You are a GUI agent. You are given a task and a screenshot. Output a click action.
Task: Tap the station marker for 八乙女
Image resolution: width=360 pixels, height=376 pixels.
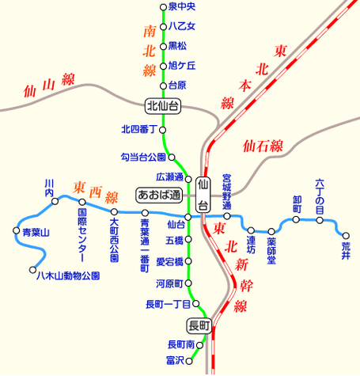pyautogui.click(x=164, y=26)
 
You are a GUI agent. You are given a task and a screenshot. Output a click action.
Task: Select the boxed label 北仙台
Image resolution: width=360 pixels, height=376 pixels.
pyautogui.click(x=163, y=105)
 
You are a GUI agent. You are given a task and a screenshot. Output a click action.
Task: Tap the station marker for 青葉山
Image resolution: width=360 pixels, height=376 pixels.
pyautogui.click(x=16, y=231)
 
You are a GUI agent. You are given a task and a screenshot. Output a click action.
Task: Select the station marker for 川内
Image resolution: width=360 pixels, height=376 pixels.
pyautogui.click(x=55, y=202)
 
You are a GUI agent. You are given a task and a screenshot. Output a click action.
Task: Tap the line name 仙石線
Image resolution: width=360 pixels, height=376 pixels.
pyautogui.click(x=264, y=146)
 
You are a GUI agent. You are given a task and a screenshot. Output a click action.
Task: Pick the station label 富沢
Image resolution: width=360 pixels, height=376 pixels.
pyautogui.click(x=175, y=360)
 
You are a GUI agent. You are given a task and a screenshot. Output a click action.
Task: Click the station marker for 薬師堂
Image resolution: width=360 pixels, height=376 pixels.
pyautogui.click(x=271, y=230)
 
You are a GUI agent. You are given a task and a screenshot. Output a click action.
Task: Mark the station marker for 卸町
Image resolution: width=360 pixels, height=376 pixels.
pyautogui.click(x=297, y=219)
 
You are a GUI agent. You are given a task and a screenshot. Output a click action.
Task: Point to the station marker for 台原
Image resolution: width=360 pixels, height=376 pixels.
pyautogui.click(x=164, y=85)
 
